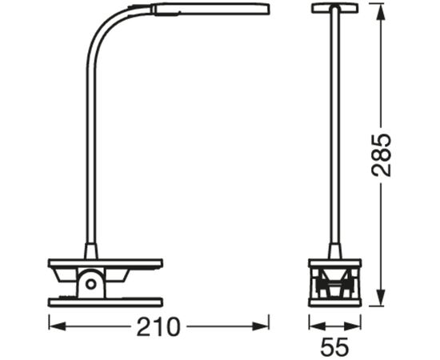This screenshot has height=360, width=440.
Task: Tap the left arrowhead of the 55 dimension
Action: tap(313, 326)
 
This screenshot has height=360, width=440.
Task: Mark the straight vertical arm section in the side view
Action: tap(91, 144)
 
